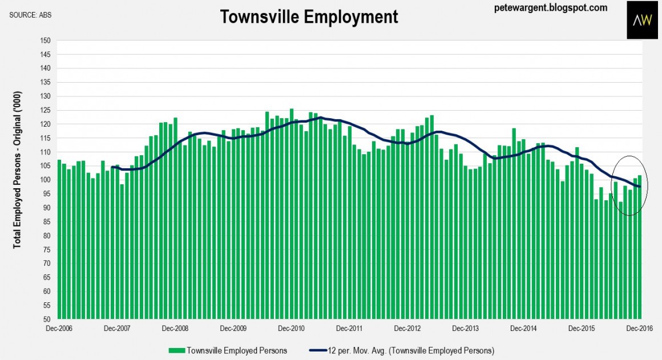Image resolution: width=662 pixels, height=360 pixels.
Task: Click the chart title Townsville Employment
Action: (x=309, y=17)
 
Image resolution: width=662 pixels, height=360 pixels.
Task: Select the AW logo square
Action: (x=642, y=20)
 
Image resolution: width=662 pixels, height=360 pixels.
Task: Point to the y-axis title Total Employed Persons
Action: (x=17, y=169)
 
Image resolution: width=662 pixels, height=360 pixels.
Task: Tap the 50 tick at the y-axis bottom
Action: (x=46, y=319)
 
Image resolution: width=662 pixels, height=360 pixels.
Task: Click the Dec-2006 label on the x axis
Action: (x=60, y=329)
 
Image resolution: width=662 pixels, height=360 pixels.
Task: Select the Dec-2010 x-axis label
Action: (x=291, y=329)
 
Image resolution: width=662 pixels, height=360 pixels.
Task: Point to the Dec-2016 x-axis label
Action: (x=639, y=329)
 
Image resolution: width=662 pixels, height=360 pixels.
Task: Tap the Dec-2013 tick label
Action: (x=465, y=329)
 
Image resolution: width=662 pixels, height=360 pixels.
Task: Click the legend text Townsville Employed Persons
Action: (x=237, y=350)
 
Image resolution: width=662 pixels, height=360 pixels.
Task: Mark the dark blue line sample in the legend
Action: (x=316, y=350)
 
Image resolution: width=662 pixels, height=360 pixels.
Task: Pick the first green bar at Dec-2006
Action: (x=59, y=240)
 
